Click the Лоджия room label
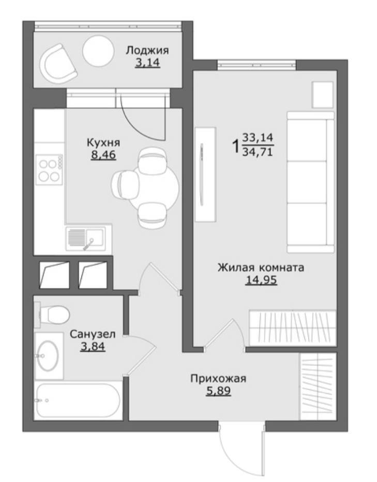(x=147, y=51)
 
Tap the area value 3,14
(x=147, y=63)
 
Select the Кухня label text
(x=103, y=143)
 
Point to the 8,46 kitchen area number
(x=103, y=154)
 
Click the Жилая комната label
(x=261, y=268)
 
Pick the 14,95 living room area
(x=261, y=280)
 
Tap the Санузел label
(x=93, y=334)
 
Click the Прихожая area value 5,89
(x=218, y=391)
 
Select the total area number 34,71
(x=258, y=152)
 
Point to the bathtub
(x=78, y=400)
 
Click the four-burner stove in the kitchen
(x=49, y=169)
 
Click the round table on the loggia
(x=98, y=51)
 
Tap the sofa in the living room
(x=310, y=182)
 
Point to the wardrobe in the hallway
(x=318, y=386)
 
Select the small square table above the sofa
(x=323, y=95)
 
